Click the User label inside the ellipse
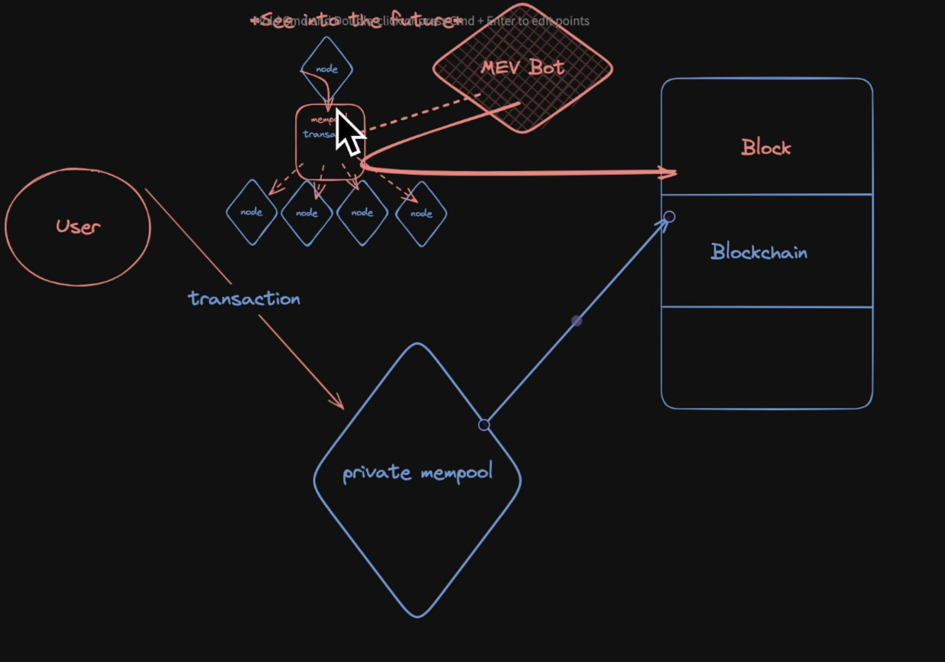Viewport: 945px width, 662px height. (78, 227)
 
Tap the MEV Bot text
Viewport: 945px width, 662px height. (523, 68)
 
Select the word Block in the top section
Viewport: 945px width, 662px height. (766, 148)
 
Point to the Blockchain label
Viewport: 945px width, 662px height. (759, 252)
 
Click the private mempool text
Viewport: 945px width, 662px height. (417, 473)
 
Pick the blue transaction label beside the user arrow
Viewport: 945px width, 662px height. (244, 298)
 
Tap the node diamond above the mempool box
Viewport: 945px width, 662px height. (327, 69)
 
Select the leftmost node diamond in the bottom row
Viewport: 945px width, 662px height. (251, 212)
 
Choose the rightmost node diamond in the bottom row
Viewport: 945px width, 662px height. (421, 214)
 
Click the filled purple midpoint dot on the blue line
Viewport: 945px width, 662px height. (576, 321)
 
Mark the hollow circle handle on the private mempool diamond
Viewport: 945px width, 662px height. (484, 425)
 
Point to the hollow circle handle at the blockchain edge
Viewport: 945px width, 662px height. (670, 217)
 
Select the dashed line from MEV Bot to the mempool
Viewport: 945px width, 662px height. (423, 112)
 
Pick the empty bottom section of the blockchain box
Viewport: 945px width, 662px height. (767, 357)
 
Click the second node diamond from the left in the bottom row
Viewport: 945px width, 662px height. (307, 213)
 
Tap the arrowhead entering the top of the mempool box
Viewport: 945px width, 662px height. (328, 105)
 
